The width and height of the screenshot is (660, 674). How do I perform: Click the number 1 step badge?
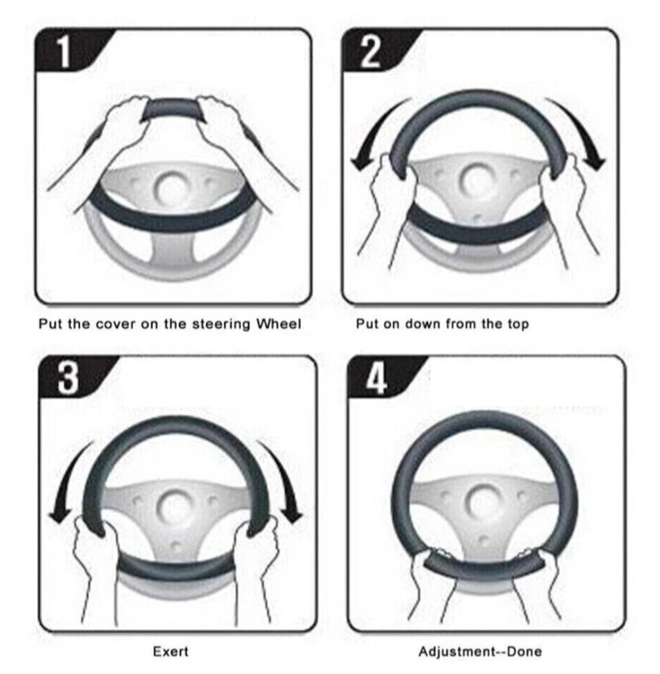tap(64, 51)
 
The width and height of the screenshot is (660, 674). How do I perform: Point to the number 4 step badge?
tap(377, 377)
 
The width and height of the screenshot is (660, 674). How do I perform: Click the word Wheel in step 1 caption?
tap(278, 324)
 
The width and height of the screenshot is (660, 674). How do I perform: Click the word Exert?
tap(171, 651)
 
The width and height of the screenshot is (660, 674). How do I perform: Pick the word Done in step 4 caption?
tap(524, 651)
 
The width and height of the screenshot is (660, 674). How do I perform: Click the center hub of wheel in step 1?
tap(172, 188)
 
